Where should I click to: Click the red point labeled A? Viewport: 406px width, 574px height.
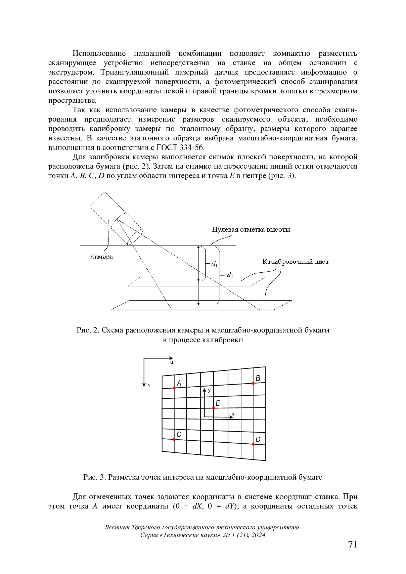(174, 388)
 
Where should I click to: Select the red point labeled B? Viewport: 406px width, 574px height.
(253, 383)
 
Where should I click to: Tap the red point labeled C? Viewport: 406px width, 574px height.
(174, 439)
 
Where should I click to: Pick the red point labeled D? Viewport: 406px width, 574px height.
(253, 444)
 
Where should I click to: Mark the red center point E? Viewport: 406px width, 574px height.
(214, 408)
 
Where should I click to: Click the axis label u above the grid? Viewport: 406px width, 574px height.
(171, 362)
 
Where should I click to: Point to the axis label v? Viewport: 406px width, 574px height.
(149, 385)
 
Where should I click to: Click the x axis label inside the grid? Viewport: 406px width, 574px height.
(233, 414)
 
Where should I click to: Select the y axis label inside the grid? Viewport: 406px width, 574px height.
(209, 390)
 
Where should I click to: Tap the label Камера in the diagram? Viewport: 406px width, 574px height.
(101, 257)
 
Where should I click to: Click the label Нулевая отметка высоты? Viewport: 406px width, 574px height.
(251, 230)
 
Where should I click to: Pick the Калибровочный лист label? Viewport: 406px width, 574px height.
(295, 262)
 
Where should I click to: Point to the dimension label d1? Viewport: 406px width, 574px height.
(214, 264)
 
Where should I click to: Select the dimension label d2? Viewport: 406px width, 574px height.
(230, 275)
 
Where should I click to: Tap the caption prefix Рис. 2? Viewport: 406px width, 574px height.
(87, 330)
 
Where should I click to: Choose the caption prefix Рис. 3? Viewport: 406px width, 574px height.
(94, 477)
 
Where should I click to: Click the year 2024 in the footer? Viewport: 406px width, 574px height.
(258, 535)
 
